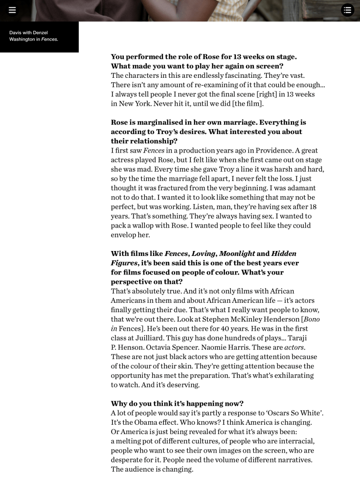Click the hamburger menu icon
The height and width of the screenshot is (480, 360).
[12, 10]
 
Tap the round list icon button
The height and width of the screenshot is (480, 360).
[347, 10]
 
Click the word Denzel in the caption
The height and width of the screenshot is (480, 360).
[41, 33]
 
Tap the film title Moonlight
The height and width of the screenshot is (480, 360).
[237, 253]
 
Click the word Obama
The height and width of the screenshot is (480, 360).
[147, 422]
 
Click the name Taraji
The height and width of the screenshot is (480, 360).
[311, 338]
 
